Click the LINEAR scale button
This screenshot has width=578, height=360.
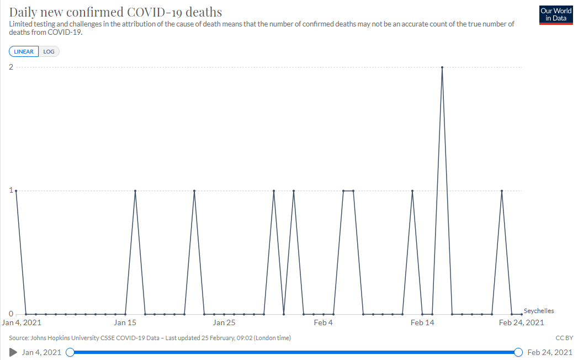pyautogui.click(x=24, y=52)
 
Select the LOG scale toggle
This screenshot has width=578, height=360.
pyautogui.click(x=49, y=52)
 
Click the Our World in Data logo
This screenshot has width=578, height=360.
pyautogui.click(x=556, y=15)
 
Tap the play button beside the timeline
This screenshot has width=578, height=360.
pyautogui.click(x=13, y=352)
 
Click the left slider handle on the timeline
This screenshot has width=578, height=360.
pyautogui.click(x=70, y=352)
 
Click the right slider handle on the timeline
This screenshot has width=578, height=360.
pyautogui.click(x=518, y=352)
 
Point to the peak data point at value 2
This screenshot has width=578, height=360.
pyautogui.click(x=442, y=67)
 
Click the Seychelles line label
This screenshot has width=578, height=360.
pyautogui.click(x=539, y=310)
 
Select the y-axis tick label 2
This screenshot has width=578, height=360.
pyautogui.click(x=11, y=67)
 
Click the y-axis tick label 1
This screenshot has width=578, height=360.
pyautogui.click(x=11, y=190)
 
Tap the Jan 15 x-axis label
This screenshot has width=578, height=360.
pyautogui.click(x=125, y=323)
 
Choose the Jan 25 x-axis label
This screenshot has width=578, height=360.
pyautogui.click(x=224, y=323)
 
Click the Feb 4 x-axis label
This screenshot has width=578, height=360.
pyautogui.click(x=324, y=323)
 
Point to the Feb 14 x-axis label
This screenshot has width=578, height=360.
pyautogui.click(x=422, y=323)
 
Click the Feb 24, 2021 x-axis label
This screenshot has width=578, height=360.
pyautogui.click(x=521, y=323)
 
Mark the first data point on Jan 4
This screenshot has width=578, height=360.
pyautogui.click(x=16, y=190)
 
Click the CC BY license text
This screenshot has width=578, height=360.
pyautogui.click(x=564, y=338)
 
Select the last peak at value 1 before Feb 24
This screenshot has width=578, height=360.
pyautogui.click(x=502, y=190)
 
